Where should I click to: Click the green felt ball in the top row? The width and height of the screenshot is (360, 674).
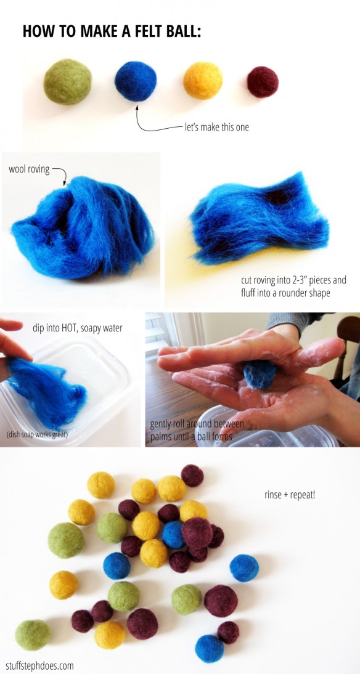[x=68, y=82]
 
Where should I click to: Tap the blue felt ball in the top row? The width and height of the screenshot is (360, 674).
[x=136, y=81]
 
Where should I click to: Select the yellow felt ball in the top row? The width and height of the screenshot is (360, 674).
[x=203, y=80]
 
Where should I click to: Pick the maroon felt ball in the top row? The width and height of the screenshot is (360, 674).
[x=263, y=82]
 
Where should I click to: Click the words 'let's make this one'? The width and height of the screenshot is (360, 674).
[x=217, y=128]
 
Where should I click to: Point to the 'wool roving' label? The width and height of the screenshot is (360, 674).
[x=29, y=169]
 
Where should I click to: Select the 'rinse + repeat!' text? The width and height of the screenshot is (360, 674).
[x=290, y=494]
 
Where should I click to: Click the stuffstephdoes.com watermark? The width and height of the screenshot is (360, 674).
[x=38, y=666]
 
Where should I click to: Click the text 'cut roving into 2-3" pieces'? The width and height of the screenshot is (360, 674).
[x=293, y=281]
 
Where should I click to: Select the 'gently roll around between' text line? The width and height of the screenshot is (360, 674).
[x=197, y=424]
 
